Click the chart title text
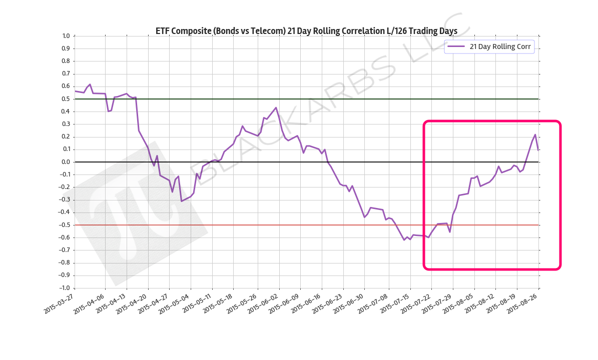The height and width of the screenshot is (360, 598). click(306, 31)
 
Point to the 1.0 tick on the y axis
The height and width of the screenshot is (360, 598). click(66, 36)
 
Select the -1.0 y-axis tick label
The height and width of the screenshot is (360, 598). click(65, 288)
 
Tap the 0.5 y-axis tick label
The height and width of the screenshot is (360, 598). click(66, 99)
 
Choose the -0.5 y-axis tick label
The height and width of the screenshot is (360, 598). click(65, 225)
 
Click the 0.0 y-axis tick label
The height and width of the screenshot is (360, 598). click(66, 162)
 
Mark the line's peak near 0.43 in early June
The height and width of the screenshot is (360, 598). click(276, 107)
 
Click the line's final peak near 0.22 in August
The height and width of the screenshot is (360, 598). click(535, 134)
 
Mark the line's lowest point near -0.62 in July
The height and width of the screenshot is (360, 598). click(404, 240)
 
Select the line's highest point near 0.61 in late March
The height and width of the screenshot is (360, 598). click(90, 84)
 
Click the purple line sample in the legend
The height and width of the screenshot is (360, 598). click(456, 46)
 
